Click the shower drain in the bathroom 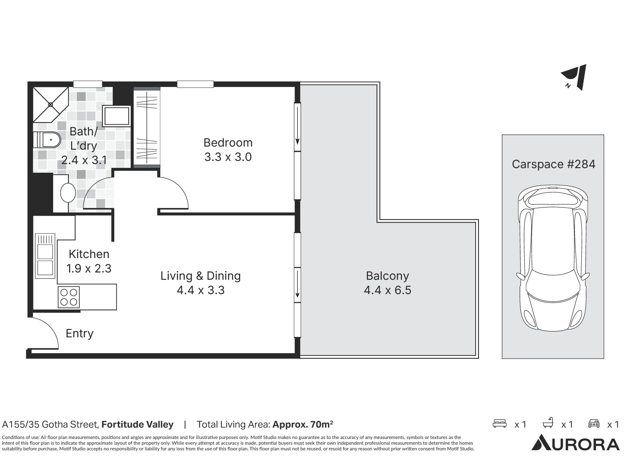[x=50, y=105]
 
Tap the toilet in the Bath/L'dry [x=47, y=140]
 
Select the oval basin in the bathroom [x=68, y=193]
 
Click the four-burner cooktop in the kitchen [x=69, y=297]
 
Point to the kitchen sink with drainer [x=45, y=256]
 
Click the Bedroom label [x=228, y=143]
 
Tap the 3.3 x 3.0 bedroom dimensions [x=228, y=157]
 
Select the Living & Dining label [x=200, y=276]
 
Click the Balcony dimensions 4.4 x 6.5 [x=388, y=290]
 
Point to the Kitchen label [x=89, y=254]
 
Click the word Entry [x=80, y=334]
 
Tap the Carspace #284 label [x=554, y=164]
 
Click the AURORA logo [x=576, y=443]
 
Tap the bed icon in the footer [x=500, y=424]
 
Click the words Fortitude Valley [x=138, y=425]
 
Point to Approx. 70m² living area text [x=303, y=425]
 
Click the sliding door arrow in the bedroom [x=297, y=126]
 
